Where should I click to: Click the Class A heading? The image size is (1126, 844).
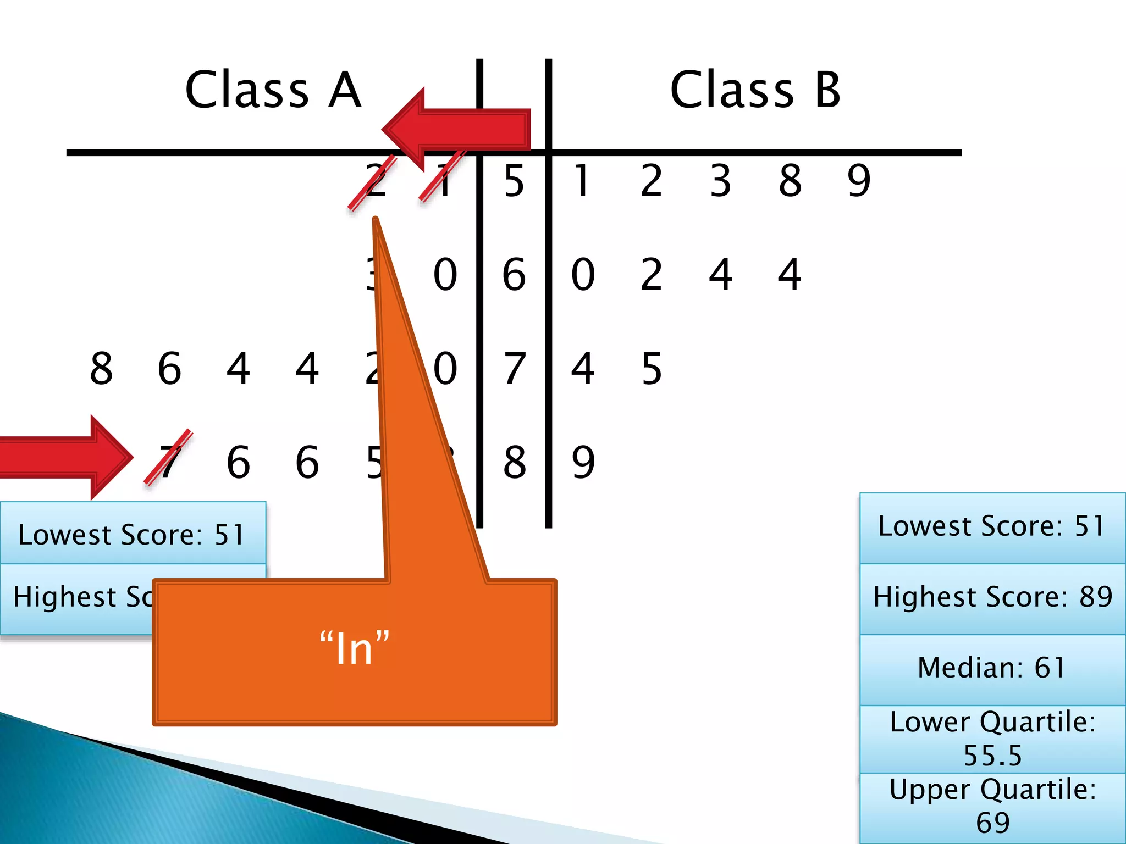point(273,90)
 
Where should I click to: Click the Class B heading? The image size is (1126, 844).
point(755,90)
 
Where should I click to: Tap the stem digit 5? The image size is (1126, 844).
point(514,181)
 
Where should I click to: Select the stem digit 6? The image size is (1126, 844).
point(514,274)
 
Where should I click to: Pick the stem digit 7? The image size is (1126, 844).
point(514,368)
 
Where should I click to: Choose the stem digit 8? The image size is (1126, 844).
point(514,462)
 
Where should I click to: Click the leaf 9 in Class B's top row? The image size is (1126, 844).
point(859,181)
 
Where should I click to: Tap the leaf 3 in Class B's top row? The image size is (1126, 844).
point(720,181)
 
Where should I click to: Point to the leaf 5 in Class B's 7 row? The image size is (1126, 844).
point(652,368)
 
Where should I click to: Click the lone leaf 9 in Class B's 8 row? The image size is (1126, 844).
point(583,462)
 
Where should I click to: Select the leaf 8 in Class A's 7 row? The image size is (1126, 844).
point(101,368)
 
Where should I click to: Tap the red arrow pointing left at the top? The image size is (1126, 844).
point(456,130)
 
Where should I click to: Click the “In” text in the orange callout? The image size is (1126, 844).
point(354,649)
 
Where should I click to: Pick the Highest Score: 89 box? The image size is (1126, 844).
point(992,598)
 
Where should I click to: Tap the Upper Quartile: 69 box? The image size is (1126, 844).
point(992,807)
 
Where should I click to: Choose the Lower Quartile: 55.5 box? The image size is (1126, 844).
point(992,738)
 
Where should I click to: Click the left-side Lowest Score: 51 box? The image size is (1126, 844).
point(132,534)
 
